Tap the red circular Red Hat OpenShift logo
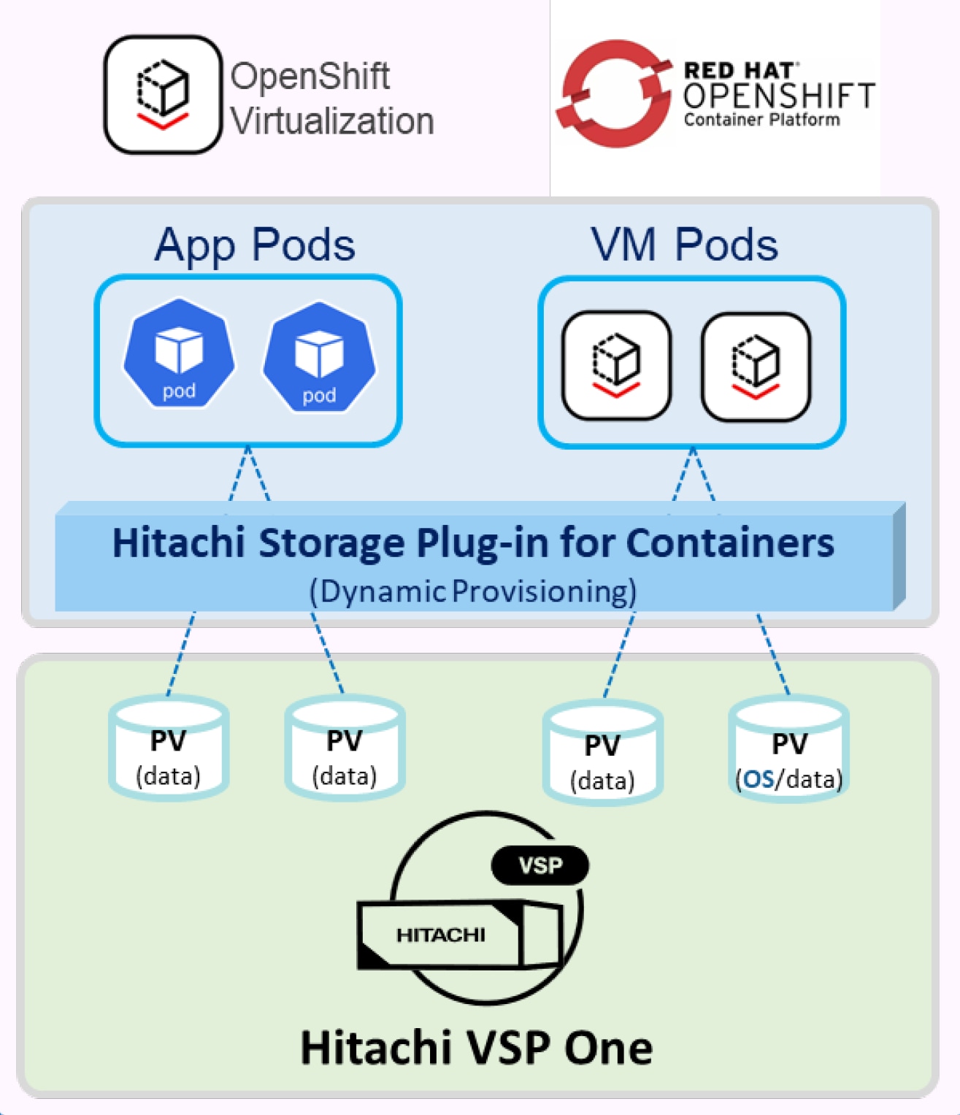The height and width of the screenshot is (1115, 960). (613, 93)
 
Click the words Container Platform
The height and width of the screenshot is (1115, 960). (761, 120)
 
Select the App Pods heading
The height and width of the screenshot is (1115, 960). (255, 245)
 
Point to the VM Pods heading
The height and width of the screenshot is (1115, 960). (684, 245)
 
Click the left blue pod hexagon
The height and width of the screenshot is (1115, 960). (179, 354)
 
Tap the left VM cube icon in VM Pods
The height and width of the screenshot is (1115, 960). (616, 365)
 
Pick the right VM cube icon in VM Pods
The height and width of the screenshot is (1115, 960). (756, 367)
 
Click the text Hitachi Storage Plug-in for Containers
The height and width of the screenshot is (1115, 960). (473, 543)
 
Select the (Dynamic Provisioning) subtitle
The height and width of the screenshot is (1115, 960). (473, 591)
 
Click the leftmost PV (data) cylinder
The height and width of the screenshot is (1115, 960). (169, 748)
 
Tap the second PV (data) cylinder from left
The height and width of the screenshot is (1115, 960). (345, 748)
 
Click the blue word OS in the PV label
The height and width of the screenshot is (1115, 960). (759, 779)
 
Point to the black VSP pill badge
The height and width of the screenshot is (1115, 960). (540, 866)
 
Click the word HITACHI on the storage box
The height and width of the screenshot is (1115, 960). (440, 935)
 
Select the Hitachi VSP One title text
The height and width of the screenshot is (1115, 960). (476, 1048)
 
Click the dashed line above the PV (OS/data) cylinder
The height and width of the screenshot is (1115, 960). (773, 654)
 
